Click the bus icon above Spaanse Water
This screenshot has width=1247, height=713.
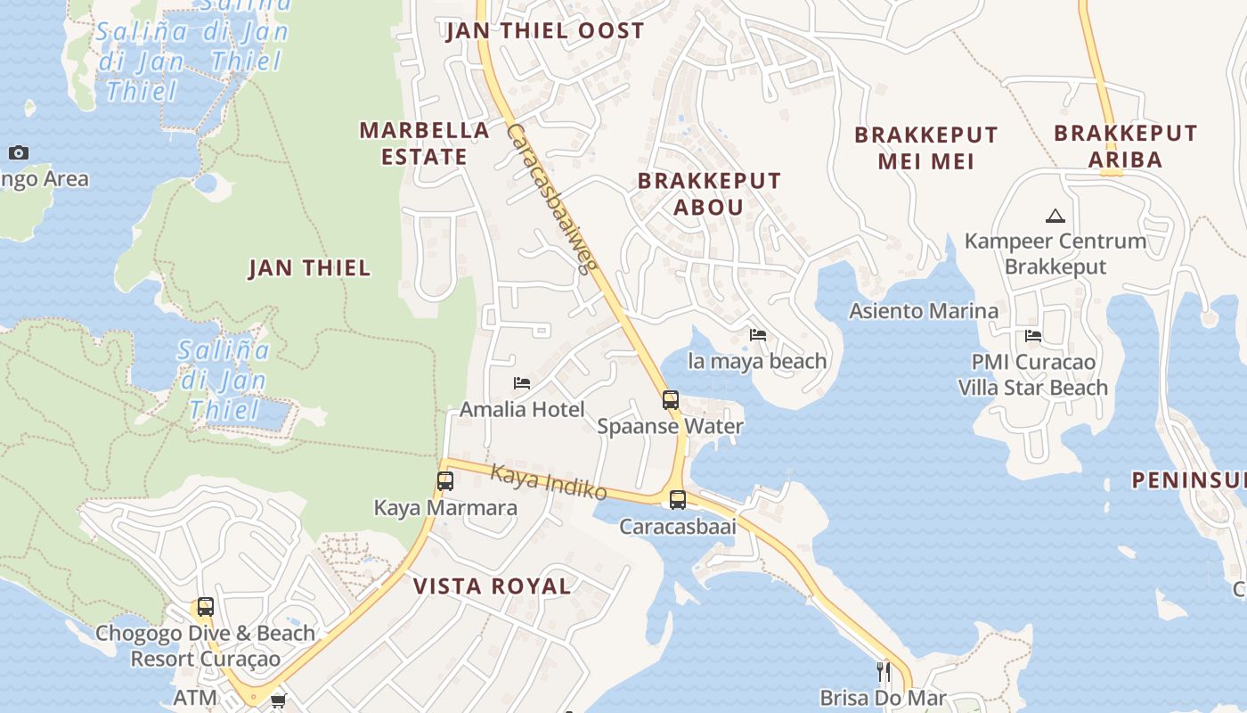pos(671,400)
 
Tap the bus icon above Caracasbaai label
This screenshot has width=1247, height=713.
pos(678,500)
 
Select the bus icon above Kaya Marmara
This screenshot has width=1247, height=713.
pos(445,481)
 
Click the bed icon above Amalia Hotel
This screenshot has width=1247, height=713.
pos(522,383)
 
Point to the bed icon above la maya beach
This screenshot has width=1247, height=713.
pos(758,335)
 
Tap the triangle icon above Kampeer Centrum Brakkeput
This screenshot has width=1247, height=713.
pos(1055,216)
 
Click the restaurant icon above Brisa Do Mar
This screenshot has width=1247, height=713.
pos(884,671)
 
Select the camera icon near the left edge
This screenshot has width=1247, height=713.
pos(19,153)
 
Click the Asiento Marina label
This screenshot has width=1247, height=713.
pos(924,311)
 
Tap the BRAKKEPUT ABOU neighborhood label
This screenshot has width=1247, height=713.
pos(709,193)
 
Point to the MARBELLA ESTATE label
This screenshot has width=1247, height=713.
pos(425,143)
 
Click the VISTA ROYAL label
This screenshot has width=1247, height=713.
pos(492,586)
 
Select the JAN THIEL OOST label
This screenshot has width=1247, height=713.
pos(544,31)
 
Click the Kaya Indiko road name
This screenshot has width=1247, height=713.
pos(549,482)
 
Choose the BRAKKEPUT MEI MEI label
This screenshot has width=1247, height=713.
pos(926,148)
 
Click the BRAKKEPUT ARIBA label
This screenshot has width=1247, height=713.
pos(1126,146)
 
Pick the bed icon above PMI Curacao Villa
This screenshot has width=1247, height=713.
pos(1033,336)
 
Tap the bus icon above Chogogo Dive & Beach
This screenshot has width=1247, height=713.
pos(206,607)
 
